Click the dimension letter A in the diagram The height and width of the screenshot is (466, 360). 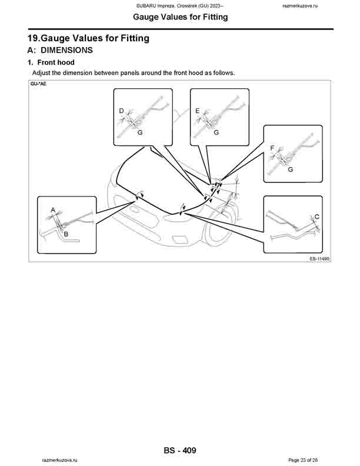coord(53,209)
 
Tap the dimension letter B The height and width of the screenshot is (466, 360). coord(66,234)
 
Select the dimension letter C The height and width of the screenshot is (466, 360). coord(317,217)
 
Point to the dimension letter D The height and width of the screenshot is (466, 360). coord(121,110)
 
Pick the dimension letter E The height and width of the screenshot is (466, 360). coord(198,110)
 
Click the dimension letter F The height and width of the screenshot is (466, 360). coord(272,148)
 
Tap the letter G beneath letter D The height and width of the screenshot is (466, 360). coord(140,133)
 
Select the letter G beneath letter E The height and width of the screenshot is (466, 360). coord(216,133)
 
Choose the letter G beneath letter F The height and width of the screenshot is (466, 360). coord(291,169)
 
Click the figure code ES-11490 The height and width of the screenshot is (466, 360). coord(318,258)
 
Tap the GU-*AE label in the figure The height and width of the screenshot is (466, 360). coord(39,84)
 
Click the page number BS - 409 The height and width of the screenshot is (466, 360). coord(180,451)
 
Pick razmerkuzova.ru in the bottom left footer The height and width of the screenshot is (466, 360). coord(60,460)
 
